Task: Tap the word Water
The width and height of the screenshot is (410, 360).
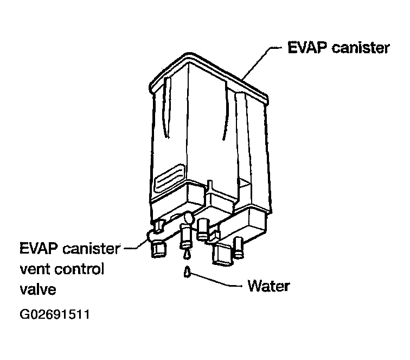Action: pos(268,286)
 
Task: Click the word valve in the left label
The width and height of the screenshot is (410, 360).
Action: pos(37,289)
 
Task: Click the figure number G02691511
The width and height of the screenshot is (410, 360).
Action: pos(54,315)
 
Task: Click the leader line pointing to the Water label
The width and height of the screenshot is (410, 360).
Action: pos(217,281)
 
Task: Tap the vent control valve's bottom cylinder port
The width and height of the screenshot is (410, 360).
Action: pos(158,250)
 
